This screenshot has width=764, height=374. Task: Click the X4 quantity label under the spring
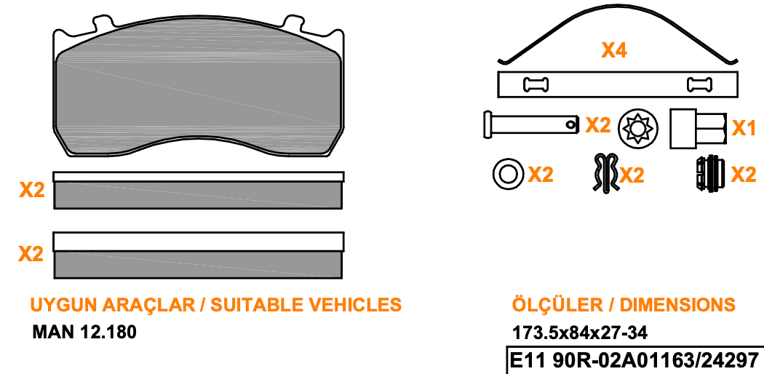(614, 50)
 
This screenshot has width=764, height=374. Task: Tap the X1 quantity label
(744, 128)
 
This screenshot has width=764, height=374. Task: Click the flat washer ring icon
(508, 173)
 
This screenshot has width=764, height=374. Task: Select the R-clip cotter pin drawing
(605, 173)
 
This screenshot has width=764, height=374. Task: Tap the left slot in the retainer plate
(536, 84)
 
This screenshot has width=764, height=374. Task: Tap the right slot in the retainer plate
(699, 84)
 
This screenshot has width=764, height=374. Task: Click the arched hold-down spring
(618, 29)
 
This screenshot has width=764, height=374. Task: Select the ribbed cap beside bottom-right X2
(710, 174)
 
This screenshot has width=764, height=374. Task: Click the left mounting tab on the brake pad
(103, 23)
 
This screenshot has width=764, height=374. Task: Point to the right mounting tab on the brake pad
(294, 23)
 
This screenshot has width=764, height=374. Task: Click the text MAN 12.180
(84, 332)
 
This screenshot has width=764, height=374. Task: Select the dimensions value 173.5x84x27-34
(580, 333)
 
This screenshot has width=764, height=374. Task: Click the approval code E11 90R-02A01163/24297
(634, 361)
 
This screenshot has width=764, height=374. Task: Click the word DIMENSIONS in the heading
(677, 304)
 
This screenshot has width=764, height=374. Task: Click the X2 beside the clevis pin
(598, 125)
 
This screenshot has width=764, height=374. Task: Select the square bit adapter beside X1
(699, 129)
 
